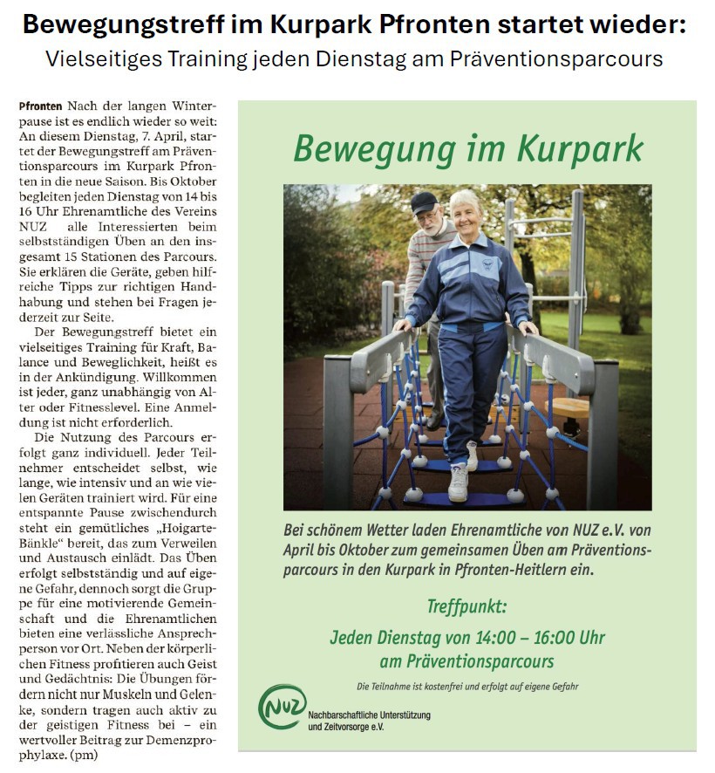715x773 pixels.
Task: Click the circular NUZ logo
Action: point(282,707)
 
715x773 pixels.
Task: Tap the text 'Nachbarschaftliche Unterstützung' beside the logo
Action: point(369,715)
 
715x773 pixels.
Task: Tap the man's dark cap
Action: point(425,202)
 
